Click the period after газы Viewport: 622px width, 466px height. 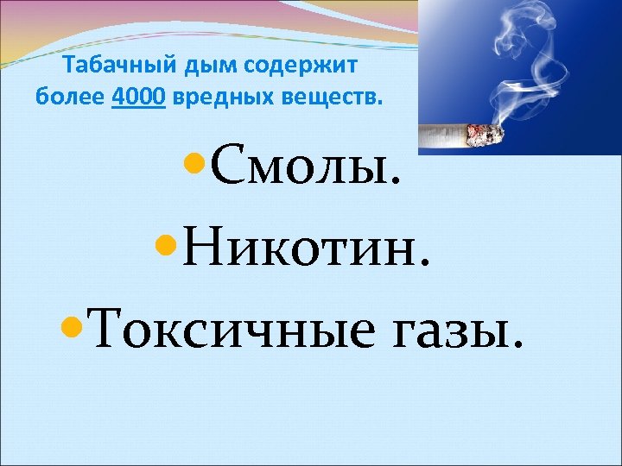pyautogui.click(x=517, y=347)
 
